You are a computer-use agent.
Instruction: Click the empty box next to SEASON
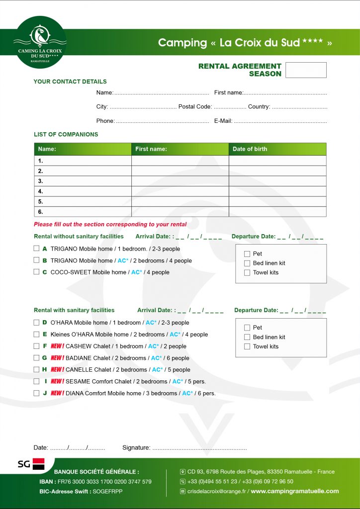coord(306,70)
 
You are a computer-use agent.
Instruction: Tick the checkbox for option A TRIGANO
coord(36,248)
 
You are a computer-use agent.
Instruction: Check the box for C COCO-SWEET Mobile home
coord(36,272)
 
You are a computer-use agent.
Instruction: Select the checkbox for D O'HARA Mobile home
coord(36,323)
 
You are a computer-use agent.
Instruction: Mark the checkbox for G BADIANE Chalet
coord(36,357)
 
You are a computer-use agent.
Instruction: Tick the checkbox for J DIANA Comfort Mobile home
coord(36,393)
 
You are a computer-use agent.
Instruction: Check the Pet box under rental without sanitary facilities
coord(247,254)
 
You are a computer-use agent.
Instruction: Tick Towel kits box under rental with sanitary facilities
coord(247,346)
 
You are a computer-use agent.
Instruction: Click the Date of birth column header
coord(277,149)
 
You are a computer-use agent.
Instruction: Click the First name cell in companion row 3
coord(180,181)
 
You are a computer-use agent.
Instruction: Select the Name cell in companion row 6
coord(83,212)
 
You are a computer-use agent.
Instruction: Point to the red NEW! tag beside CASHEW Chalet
coord(57,346)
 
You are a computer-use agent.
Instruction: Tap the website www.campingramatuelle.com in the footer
coord(294,491)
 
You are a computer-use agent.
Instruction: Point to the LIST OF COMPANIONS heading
coord(66,134)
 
